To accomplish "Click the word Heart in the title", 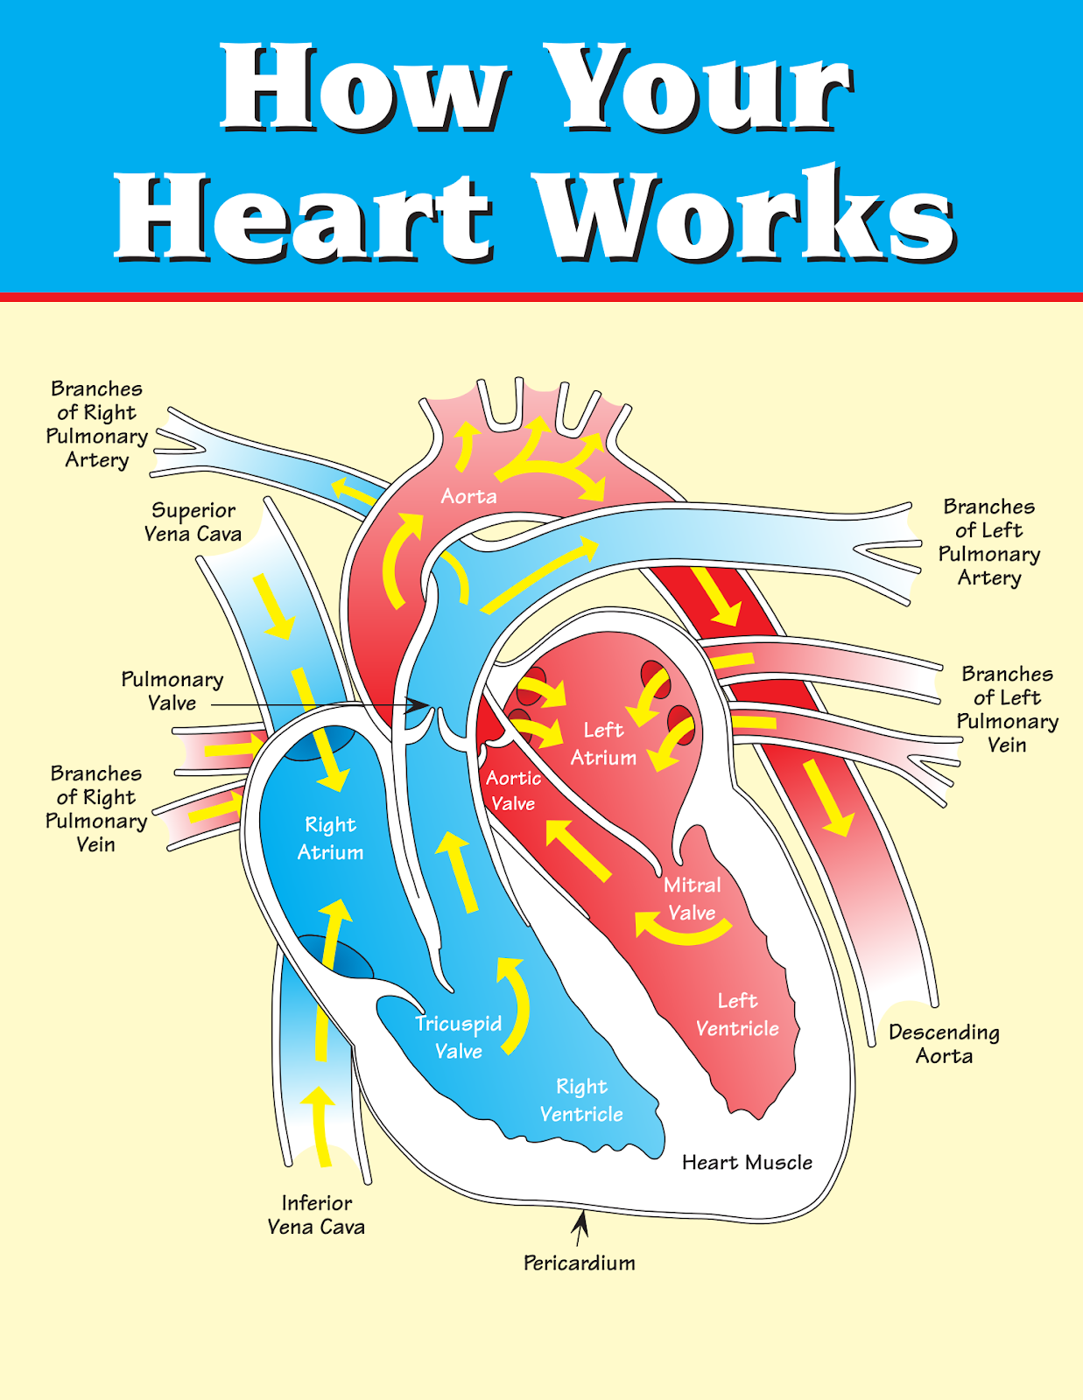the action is (302, 216).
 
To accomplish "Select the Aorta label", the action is (468, 497).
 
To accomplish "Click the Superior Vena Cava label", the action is (193, 522).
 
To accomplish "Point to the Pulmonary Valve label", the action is (172, 691).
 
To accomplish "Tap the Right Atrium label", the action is (330, 838).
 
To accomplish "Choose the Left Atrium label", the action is (603, 744).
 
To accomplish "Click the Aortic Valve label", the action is (513, 790).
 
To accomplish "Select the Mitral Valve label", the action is (692, 899).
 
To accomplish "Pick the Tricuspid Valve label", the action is (459, 1037).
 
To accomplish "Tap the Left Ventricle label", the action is (737, 1014).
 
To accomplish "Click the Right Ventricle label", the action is (581, 1100).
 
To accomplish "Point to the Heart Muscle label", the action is (747, 1162).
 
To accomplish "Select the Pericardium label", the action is (579, 1263).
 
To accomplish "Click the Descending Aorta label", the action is (944, 1044).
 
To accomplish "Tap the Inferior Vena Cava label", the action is (316, 1214).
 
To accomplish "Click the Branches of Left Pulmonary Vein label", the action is (1007, 710).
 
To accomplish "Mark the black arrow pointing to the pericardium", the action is (580, 1226).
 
